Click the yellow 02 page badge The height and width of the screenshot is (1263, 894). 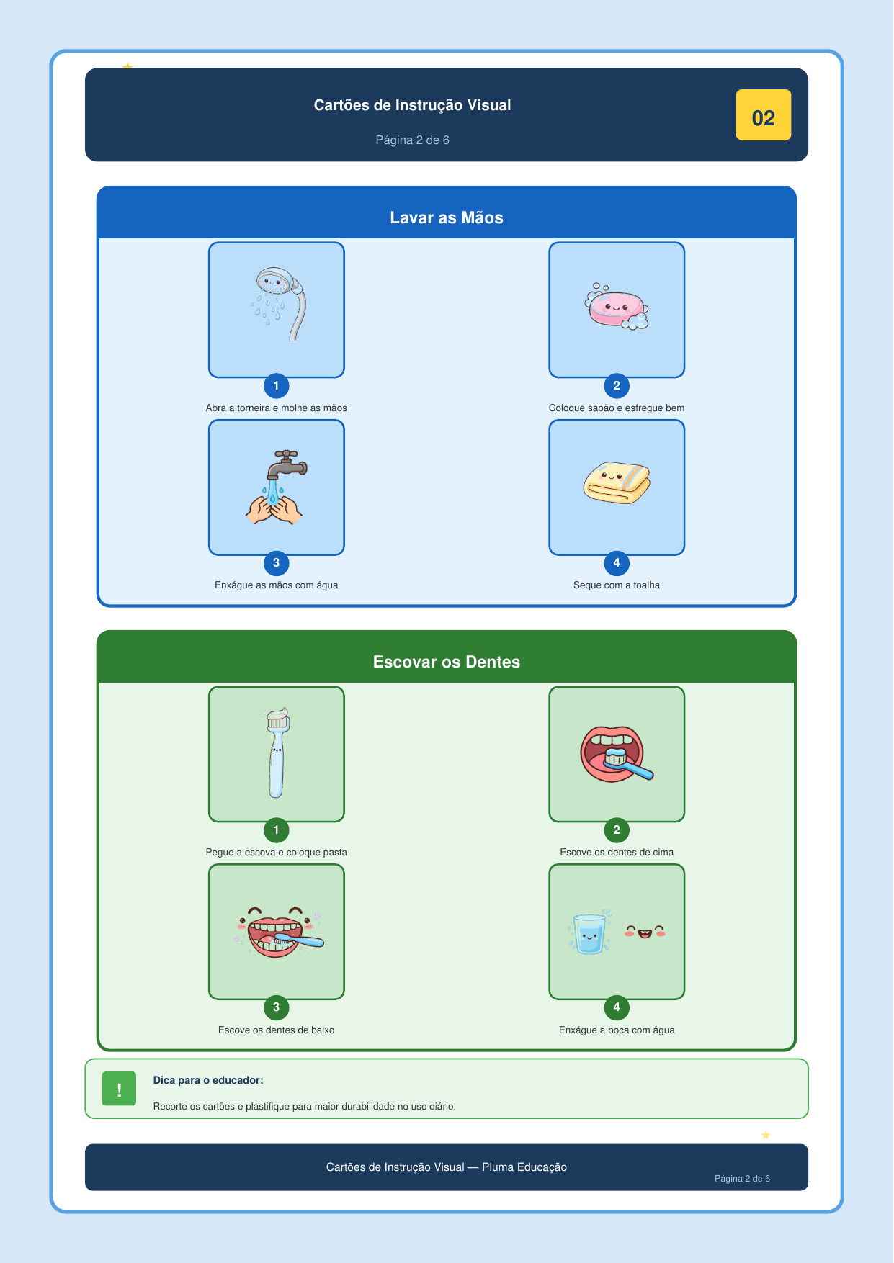tap(763, 115)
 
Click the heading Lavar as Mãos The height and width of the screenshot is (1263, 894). tap(447, 217)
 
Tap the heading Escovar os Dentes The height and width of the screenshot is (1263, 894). tap(447, 662)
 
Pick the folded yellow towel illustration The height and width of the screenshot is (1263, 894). tap(617, 482)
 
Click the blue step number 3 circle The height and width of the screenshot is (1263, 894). tap(276, 563)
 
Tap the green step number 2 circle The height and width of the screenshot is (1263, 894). tap(617, 830)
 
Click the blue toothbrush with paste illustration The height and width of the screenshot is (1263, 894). tap(277, 752)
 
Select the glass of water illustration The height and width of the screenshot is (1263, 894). tap(590, 933)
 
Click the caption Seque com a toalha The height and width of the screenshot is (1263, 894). tap(617, 585)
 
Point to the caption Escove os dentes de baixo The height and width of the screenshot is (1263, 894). tap(276, 1030)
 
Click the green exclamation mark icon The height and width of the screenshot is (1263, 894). tap(119, 1089)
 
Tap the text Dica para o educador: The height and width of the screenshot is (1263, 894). tap(208, 1080)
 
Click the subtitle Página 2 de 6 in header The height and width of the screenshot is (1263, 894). tap(412, 140)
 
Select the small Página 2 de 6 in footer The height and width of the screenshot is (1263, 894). tap(742, 1179)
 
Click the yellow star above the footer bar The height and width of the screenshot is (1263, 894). tap(766, 1136)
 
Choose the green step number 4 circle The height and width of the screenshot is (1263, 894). tap(617, 1007)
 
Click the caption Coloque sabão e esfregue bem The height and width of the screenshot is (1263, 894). tap(617, 408)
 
